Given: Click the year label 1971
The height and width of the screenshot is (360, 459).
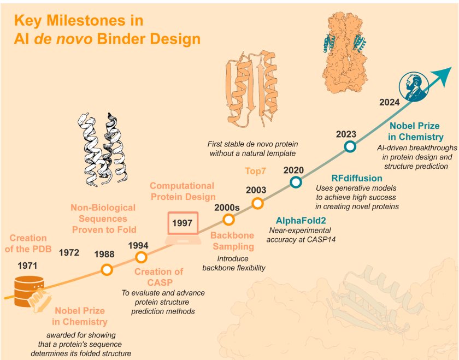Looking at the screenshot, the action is [x=27, y=265].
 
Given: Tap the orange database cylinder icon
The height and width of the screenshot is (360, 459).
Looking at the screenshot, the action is [x=28, y=291].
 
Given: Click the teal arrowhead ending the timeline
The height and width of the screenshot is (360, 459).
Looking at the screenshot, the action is [x=443, y=75].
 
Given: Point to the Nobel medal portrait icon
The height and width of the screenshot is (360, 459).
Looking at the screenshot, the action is [x=414, y=87].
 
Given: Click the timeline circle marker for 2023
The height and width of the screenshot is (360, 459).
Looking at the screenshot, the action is [x=350, y=146].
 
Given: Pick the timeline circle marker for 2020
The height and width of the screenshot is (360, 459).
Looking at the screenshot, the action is [x=296, y=182].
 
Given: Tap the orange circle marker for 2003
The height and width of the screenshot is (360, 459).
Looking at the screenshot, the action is [x=257, y=203].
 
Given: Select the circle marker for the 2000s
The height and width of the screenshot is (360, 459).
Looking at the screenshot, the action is [x=228, y=219].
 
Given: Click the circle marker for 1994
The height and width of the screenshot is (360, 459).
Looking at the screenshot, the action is [x=141, y=257].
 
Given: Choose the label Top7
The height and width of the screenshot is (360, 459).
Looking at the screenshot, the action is [x=255, y=171].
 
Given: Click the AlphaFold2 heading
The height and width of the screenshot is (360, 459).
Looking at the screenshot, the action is [x=301, y=220].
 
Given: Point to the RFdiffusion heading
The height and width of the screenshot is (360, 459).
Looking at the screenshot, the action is [x=356, y=178].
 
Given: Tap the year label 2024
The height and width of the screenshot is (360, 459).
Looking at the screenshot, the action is [x=389, y=103].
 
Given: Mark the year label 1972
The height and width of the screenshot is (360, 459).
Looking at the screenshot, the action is [x=69, y=252].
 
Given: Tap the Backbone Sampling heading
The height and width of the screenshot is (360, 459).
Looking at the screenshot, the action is [x=232, y=241].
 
